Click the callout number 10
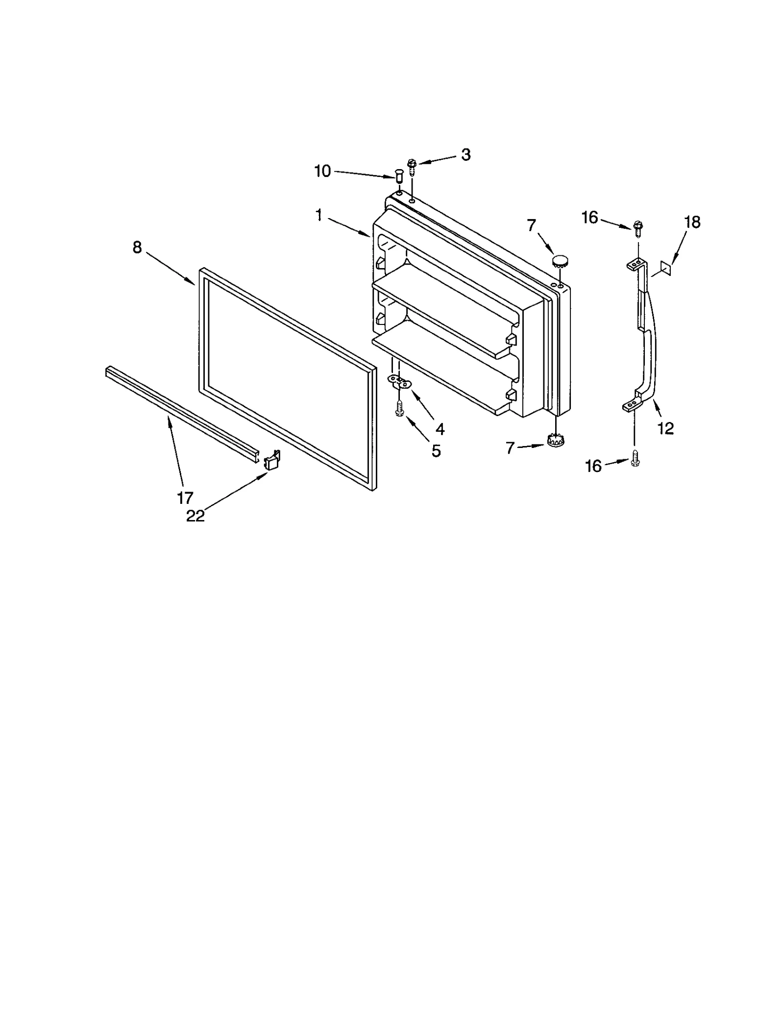pos(322,172)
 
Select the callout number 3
pos(465,155)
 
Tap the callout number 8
pos(137,248)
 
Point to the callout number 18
pos(692,223)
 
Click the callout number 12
pos(666,428)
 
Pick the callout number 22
pos(195,516)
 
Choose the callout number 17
pos(185,498)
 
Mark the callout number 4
pos(440,429)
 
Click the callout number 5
pos(436,450)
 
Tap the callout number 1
pos(319,215)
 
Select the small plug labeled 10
pos(398,174)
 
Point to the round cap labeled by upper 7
pos(559,259)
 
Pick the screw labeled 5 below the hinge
pos(399,408)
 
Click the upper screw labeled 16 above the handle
pos(637,228)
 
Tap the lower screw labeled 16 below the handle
pos(636,458)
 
